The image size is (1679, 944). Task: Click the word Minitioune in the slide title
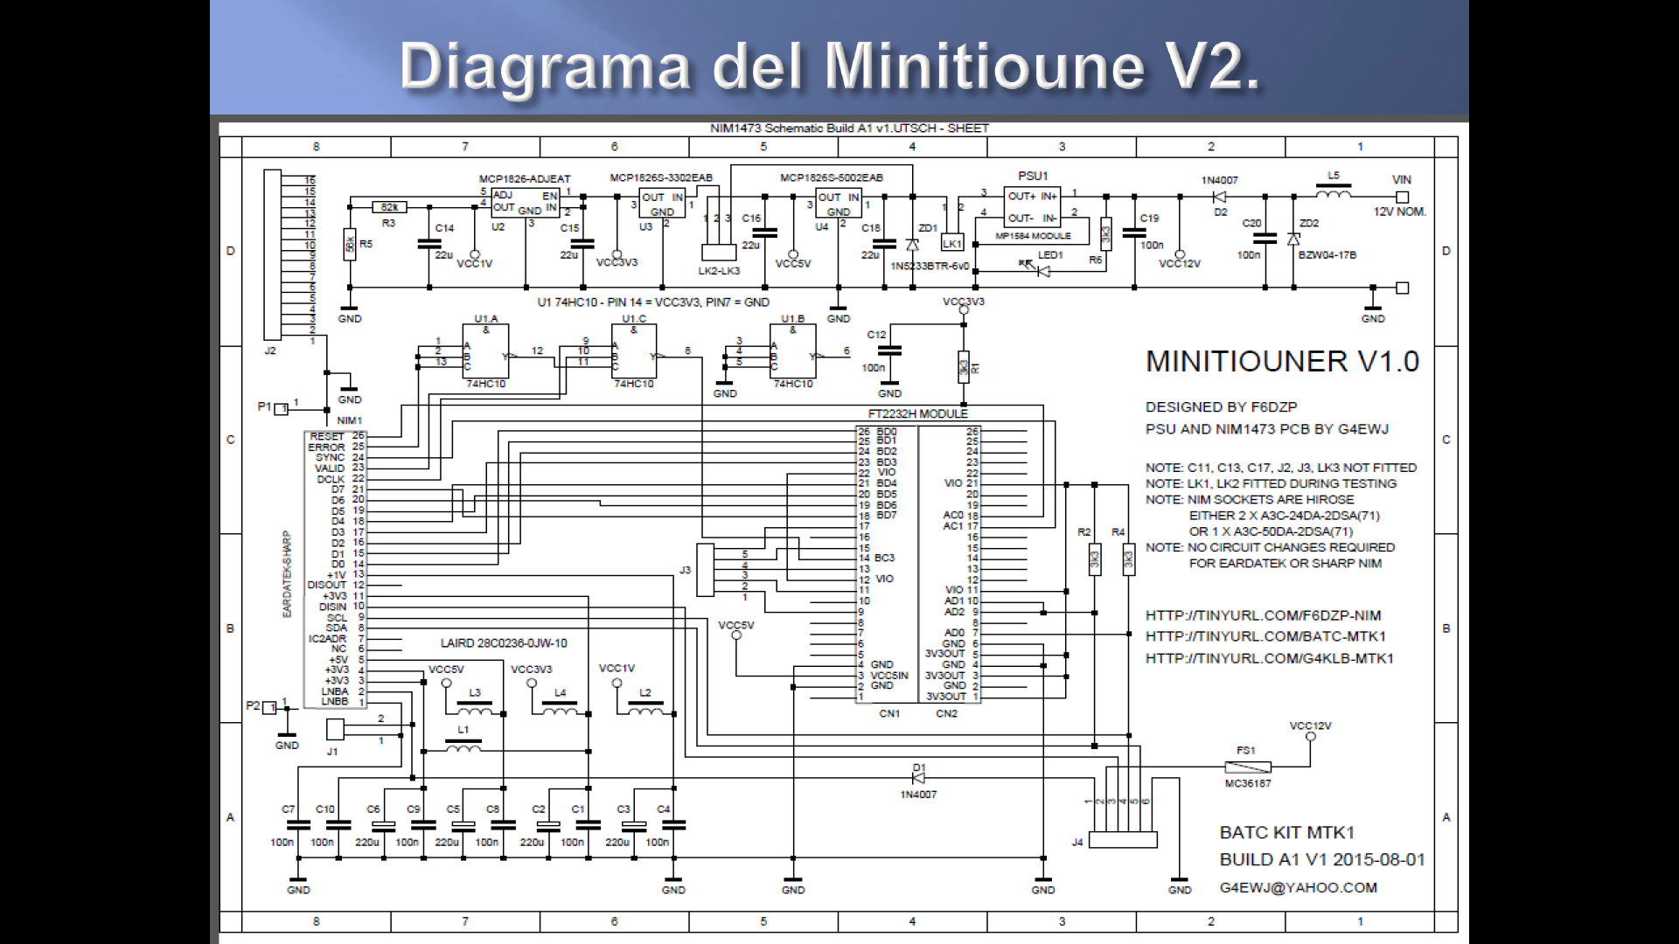click(x=985, y=66)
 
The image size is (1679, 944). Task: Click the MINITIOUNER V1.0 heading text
click(x=1282, y=362)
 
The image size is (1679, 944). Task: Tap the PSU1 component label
click(x=1032, y=176)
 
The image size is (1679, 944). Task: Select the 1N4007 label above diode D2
click(x=1219, y=181)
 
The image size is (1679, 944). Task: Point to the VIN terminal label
click(x=1402, y=180)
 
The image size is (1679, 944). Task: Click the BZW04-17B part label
click(x=1327, y=255)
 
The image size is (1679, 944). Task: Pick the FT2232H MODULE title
click(x=917, y=413)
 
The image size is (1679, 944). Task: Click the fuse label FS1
click(x=1245, y=750)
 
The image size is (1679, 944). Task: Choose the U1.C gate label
click(x=634, y=319)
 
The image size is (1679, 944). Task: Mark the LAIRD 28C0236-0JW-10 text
click(x=504, y=643)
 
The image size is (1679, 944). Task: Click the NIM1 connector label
click(x=349, y=420)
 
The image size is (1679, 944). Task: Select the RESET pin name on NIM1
click(x=326, y=435)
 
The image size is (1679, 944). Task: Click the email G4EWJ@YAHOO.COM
click(x=1298, y=887)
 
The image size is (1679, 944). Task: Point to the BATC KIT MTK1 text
click(x=1286, y=832)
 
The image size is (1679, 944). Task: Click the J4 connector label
click(x=1077, y=842)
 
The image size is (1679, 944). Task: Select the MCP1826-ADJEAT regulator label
click(x=524, y=179)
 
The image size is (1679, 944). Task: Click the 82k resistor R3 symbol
click(x=389, y=207)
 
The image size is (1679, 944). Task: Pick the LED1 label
click(x=1050, y=255)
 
